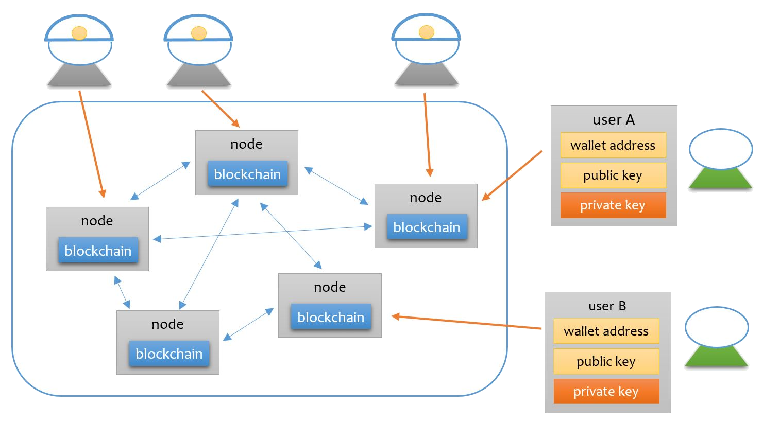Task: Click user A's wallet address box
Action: [613, 145]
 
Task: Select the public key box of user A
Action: [613, 175]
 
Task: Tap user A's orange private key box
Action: [613, 205]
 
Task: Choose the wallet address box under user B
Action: [606, 331]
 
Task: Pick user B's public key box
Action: [606, 361]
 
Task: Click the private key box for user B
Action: [606, 392]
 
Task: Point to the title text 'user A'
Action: [614, 120]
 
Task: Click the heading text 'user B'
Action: [607, 306]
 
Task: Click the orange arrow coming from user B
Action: [466, 322]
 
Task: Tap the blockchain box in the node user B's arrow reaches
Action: [331, 317]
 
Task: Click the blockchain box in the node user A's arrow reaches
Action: [427, 227]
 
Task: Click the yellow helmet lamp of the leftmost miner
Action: [79, 33]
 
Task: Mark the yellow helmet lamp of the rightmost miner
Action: [427, 32]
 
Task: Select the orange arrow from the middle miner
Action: [220, 109]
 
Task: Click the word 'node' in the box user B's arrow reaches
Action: [330, 287]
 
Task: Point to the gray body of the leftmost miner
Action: [79, 75]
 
